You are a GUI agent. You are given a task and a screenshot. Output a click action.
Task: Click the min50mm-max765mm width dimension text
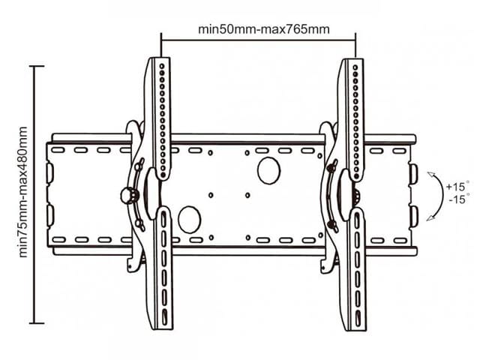(x=264, y=30)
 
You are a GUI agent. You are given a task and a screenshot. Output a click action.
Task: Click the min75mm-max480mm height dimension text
(x=23, y=192)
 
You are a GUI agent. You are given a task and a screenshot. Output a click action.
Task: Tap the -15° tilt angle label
(x=458, y=199)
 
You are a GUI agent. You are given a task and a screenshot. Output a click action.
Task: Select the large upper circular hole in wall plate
(x=268, y=171)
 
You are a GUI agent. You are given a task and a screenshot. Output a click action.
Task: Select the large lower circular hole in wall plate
(x=190, y=219)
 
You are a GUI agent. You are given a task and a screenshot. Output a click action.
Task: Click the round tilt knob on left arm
(x=129, y=196)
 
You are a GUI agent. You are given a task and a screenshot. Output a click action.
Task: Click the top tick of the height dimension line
(x=37, y=66)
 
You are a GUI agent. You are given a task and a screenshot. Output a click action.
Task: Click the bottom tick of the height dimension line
(x=37, y=323)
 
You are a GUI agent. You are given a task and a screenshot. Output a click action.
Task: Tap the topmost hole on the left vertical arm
(x=162, y=66)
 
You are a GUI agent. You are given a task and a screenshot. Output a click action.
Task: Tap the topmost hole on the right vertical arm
(x=355, y=67)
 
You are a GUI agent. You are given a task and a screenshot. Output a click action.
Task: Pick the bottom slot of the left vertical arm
(x=165, y=316)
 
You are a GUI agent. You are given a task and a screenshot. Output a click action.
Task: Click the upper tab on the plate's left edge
(x=49, y=173)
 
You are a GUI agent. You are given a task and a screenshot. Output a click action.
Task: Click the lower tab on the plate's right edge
(x=413, y=217)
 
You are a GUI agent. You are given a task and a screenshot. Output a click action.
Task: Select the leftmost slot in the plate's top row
(x=58, y=150)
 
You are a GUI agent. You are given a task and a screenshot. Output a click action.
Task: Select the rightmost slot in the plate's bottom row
(x=400, y=241)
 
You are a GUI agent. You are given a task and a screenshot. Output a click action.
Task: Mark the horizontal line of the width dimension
(x=258, y=40)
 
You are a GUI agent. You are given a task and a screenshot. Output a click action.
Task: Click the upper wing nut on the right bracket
(x=332, y=166)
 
